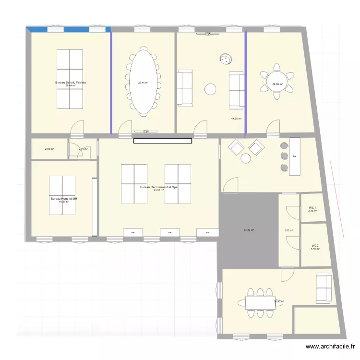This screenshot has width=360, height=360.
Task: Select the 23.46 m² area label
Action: coord(143,83)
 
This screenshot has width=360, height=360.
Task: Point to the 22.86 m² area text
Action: coord(277,85)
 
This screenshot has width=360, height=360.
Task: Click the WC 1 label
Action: coord(313,208)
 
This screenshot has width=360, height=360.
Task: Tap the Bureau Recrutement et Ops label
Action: coord(159,187)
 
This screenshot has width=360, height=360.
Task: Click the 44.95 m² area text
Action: coord(236,119)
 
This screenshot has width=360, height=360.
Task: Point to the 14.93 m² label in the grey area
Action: coord(249,230)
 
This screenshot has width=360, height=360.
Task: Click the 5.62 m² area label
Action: coord(288,230)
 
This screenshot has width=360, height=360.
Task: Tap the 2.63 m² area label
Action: coord(49,149)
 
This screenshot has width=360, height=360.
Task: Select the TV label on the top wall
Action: coord(208,34)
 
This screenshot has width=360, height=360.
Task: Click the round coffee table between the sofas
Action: coord(210,89)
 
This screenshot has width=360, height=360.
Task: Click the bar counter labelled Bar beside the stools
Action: coord(295,156)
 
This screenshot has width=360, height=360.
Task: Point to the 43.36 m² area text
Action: coord(159,191)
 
